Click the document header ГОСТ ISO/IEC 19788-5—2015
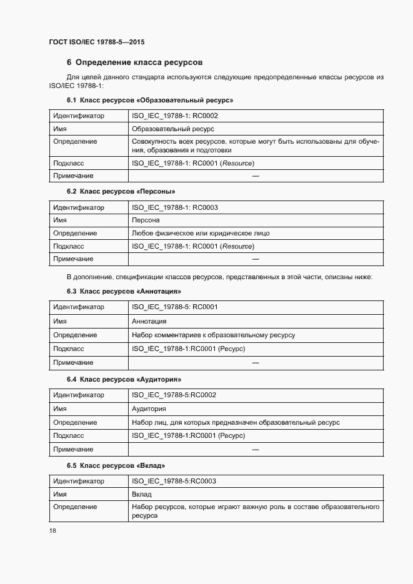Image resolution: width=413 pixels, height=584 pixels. click(x=101, y=42)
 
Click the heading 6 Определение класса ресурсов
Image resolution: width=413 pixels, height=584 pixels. click(x=134, y=62)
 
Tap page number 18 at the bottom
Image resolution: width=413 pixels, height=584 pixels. click(x=52, y=530)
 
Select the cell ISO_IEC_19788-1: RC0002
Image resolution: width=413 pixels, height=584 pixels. click(x=174, y=116)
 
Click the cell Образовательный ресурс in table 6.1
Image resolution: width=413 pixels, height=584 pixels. click(x=172, y=129)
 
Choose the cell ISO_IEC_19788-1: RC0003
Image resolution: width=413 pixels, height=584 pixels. click(x=174, y=207)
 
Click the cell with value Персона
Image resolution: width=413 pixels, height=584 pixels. click(x=146, y=220)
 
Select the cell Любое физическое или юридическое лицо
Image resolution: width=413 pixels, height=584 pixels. click(x=201, y=234)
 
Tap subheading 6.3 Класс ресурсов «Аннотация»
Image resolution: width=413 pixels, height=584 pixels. click(x=124, y=291)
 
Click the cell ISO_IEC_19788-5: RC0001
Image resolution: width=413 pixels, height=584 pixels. click(x=174, y=307)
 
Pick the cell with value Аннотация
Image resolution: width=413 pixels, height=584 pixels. click(x=149, y=321)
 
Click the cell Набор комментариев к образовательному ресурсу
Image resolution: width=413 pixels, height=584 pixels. click(x=213, y=335)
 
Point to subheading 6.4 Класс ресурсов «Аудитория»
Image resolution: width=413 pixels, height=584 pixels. click(x=124, y=379)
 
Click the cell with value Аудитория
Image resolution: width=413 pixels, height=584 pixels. click(x=149, y=409)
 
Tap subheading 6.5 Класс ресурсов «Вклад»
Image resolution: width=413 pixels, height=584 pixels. click(x=116, y=466)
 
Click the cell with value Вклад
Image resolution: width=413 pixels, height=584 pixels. click(x=141, y=494)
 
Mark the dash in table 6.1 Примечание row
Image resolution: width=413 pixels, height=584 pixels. click(x=255, y=177)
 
